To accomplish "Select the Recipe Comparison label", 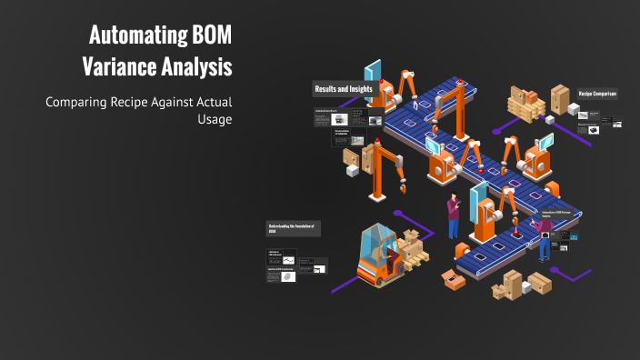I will click(597, 94).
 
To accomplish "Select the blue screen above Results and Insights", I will click(372, 72).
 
